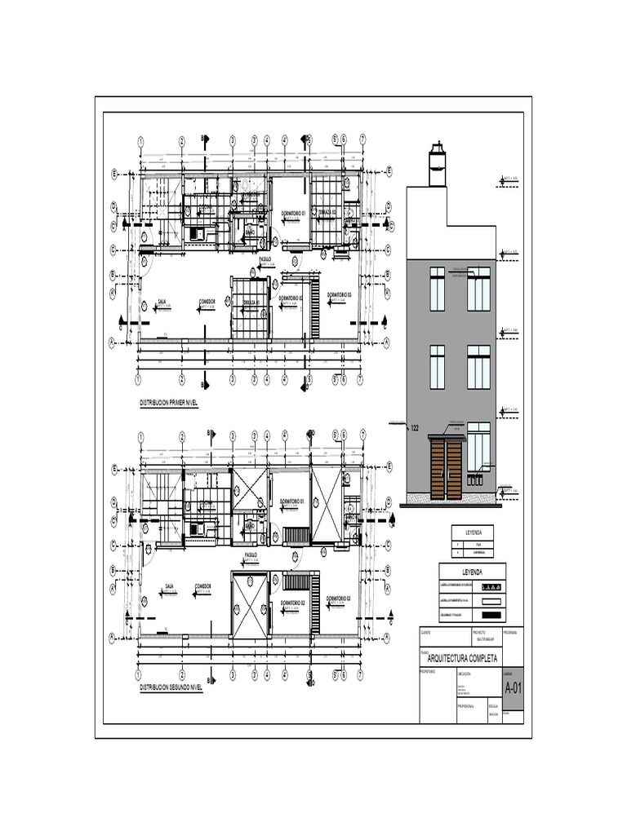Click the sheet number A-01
coord(513,688)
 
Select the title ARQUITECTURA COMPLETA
coord(461,658)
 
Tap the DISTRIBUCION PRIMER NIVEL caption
coord(169,403)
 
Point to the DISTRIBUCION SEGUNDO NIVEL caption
coord(171,687)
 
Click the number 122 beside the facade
coord(414,427)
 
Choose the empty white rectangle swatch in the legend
coord(491,601)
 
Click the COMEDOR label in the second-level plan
coord(203,585)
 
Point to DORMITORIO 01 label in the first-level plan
coord(292,213)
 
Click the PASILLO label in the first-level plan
coord(265,258)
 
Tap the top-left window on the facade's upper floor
coord(437,288)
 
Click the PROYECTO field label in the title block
coord(479,632)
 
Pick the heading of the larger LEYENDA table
coord(472,572)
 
